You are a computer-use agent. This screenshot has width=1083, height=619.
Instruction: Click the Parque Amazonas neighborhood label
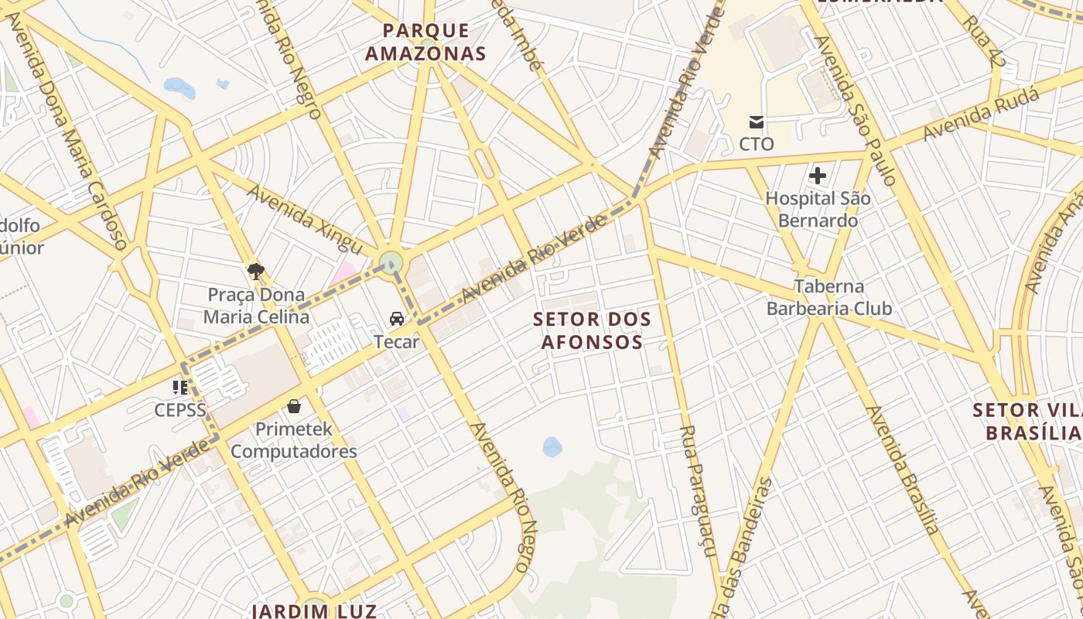pos(425,42)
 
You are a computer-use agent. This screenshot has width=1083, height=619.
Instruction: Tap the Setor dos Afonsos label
pos(593,330)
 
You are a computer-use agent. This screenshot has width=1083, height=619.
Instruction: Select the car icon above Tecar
pos(397,319)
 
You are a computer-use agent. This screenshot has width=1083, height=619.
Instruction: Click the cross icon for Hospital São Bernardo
pos(818,176)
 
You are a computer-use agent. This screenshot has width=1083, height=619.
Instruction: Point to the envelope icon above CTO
pos(756,122)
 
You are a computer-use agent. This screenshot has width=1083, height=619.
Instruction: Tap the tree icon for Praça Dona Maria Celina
pos(256,271)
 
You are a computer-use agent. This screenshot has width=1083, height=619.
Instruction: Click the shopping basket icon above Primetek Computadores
pos(294,406)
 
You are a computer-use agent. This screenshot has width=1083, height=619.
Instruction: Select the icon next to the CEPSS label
pos(180,387)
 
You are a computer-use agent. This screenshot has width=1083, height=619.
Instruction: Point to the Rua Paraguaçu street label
pos(698,491)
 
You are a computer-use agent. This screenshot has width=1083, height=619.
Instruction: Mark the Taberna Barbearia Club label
pos(829,297)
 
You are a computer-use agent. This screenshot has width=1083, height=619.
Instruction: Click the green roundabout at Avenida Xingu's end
pos(391,261)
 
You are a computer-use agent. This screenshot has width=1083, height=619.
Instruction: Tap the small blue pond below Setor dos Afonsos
pos(552,446)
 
